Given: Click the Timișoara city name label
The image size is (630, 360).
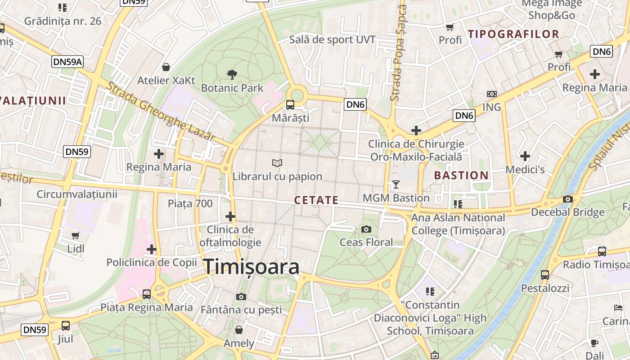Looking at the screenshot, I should point(252,267).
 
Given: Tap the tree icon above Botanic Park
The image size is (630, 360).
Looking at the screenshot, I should point(232,74).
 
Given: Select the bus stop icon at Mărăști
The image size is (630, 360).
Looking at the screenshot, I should point(290,105).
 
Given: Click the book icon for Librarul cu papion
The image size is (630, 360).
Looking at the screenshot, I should point(277,163).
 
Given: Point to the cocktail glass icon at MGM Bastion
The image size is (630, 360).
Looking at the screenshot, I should point(396,184).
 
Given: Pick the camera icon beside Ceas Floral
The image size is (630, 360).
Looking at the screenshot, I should point(366,229).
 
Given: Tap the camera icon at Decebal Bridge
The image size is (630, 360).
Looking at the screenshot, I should point(568,199).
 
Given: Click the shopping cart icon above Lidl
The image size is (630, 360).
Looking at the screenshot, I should point(76,235).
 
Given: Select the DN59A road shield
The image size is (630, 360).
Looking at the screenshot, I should point(67,62).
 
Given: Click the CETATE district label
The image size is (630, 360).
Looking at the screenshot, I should point(316,200).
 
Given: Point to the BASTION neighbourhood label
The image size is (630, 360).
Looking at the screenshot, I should point(461,175).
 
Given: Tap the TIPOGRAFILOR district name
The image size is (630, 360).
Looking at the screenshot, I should point(513,34).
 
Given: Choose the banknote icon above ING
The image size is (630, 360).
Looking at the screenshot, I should point(491,94).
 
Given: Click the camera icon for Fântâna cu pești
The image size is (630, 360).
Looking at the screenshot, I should point(241,297).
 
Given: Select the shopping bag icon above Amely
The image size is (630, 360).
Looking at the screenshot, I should point(239,330).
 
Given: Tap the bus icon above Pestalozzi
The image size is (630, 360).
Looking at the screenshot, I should point(545,274).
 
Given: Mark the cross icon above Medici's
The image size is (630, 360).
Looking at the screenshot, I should point(525,156).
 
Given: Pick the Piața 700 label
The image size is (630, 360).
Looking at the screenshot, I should point(190,203).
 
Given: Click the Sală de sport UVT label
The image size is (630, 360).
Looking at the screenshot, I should point(332,40).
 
